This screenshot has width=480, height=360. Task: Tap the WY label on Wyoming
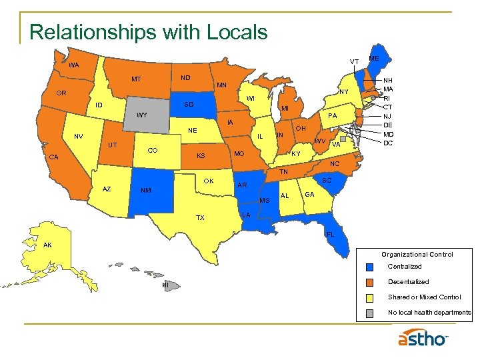tap(141, 115)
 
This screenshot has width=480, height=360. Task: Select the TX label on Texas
tap(200, 218)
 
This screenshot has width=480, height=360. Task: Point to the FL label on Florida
tap(329, 234)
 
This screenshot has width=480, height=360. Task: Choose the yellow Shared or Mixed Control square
tap(371, 297)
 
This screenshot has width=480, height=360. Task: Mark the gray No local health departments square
tap(371, 313)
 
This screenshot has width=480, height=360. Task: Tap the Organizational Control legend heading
tap(417, 254)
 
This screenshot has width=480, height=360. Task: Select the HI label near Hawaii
tap(165, 285)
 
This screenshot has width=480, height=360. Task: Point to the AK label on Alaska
tap(47, 245)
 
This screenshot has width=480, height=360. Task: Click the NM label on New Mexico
tap(146, 191)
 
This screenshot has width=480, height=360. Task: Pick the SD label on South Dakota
tap(189, 105)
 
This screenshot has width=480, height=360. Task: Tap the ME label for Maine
tap(374, 59)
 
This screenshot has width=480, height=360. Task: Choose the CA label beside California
tap(55, 157)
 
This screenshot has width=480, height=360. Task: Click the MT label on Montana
tap(136, 79)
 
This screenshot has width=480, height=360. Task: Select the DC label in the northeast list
tap(388, 143)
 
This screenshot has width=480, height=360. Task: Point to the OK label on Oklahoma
tap(209, 181)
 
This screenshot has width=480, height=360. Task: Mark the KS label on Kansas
tap(199, 156)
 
